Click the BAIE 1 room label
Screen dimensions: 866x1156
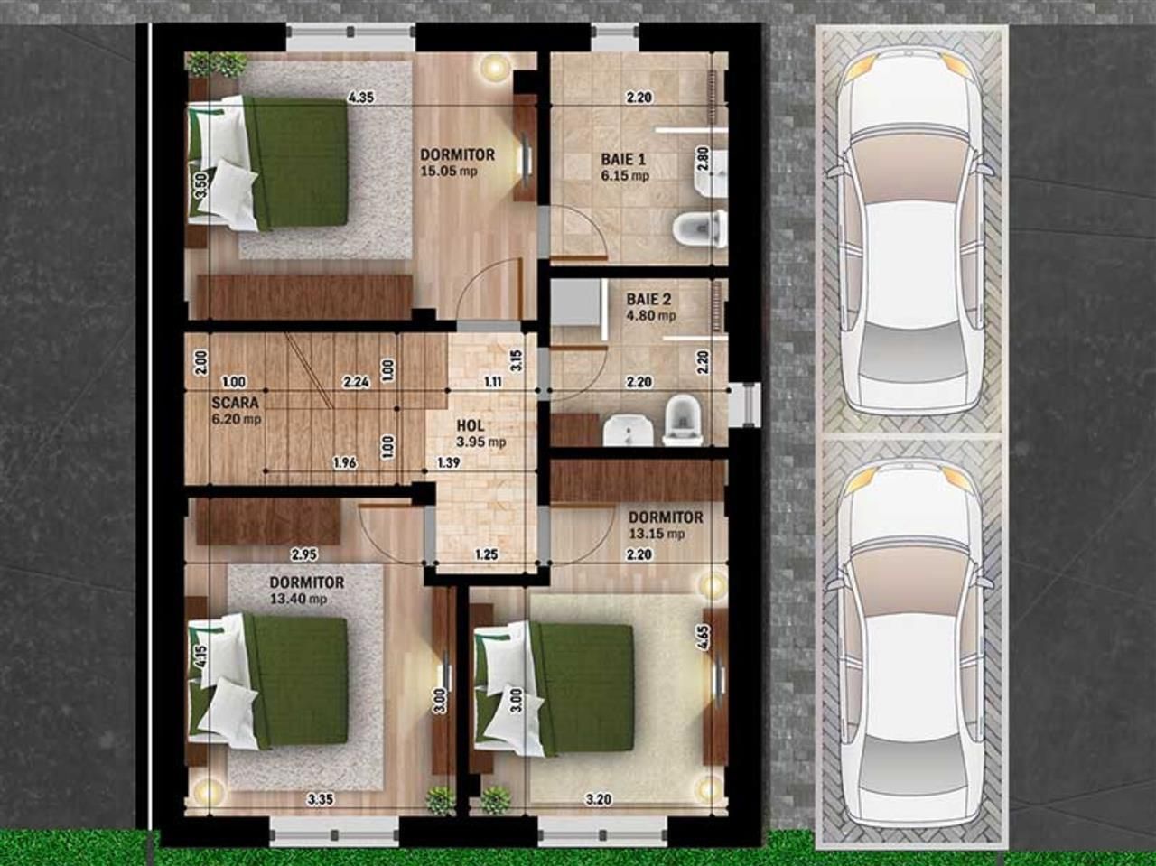click(623, 160)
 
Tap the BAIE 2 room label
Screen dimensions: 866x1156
click(648, 299)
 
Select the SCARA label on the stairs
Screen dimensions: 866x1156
click(235, 403)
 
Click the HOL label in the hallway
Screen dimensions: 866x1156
click(471, 425)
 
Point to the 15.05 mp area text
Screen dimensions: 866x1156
click(449, 171)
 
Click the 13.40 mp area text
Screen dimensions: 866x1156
click(298, 599)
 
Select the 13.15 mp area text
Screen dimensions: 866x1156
click(657, 534)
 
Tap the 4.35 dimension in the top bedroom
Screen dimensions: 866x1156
click(361, 98)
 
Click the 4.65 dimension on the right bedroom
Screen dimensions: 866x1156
click(703, 638)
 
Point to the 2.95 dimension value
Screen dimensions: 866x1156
click(303, 554)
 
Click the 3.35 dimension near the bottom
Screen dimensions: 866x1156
click(321, 798)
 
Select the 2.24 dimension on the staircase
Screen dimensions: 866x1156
click(357, 382)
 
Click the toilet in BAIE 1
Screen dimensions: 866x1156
click(701, 228)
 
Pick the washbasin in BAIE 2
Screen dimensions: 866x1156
click(622, 430)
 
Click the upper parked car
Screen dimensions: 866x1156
click(909, 230)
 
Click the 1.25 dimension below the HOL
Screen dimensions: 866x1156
click(486, 554)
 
